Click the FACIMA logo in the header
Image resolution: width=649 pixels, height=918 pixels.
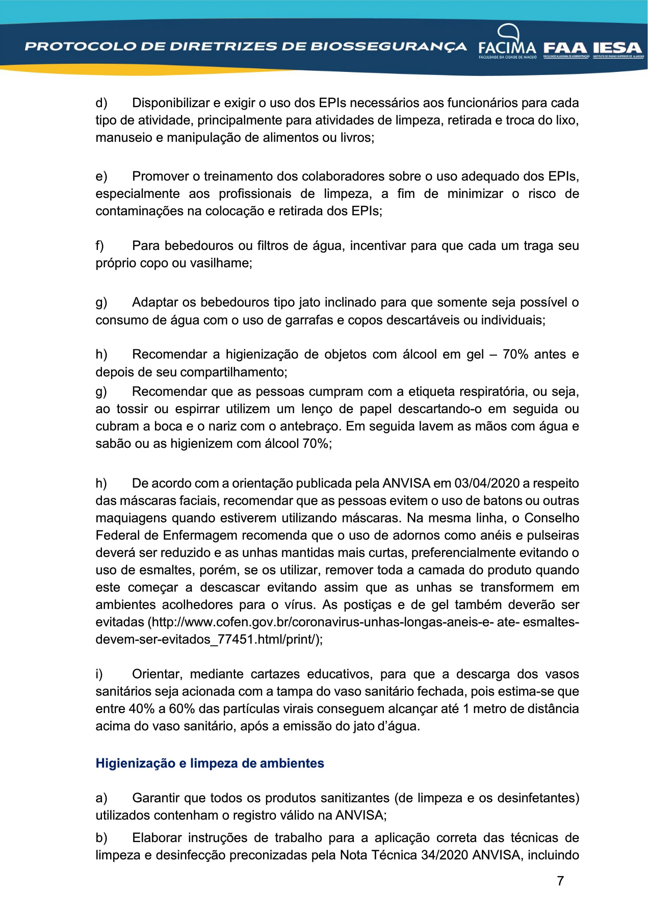click(507, 44)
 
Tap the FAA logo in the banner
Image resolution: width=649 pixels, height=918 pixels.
click(566, 48)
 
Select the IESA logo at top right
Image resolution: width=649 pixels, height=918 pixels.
click(618, 48)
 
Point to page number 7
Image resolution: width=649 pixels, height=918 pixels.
click(560, 881)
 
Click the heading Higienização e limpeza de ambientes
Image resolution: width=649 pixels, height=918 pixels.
click(210, 763)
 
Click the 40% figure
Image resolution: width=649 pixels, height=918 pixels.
click(142, 708)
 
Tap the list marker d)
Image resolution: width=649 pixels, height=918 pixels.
click(101, 103)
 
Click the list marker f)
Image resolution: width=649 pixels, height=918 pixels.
click(100, 246)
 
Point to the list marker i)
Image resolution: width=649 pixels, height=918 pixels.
click(99, 674)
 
